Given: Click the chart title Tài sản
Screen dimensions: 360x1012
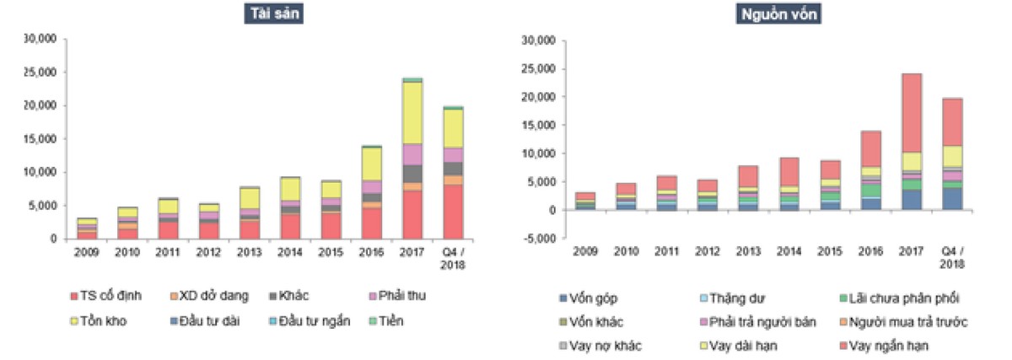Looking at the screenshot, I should (273, 13).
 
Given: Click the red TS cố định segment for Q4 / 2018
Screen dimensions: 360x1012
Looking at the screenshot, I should (454, 212).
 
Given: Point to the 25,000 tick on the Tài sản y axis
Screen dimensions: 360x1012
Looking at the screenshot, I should (40, 73).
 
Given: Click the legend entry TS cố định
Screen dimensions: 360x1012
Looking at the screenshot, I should (110, 296).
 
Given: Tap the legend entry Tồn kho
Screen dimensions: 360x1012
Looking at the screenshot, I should (105, 321).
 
